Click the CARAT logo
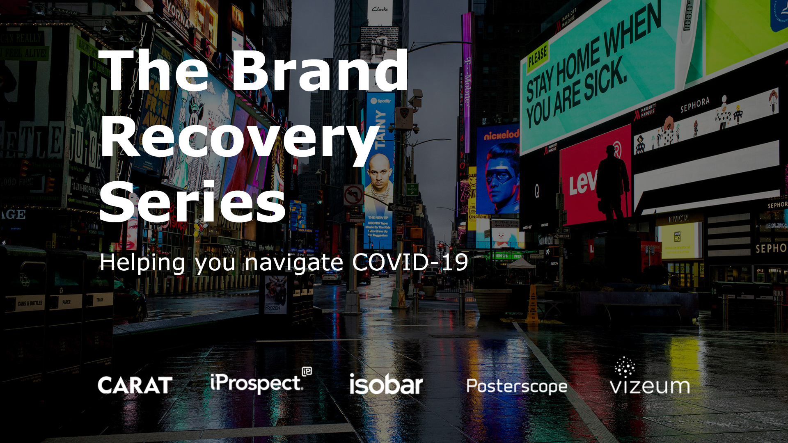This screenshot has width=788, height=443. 135,385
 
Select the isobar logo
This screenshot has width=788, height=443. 386,385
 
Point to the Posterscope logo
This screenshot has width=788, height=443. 517,386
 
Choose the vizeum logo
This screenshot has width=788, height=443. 649,377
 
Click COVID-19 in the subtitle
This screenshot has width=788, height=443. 410,262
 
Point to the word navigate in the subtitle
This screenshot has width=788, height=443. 294,263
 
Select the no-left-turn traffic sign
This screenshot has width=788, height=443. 353,195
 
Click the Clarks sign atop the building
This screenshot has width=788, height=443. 380,9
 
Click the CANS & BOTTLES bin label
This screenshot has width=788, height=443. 30,304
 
